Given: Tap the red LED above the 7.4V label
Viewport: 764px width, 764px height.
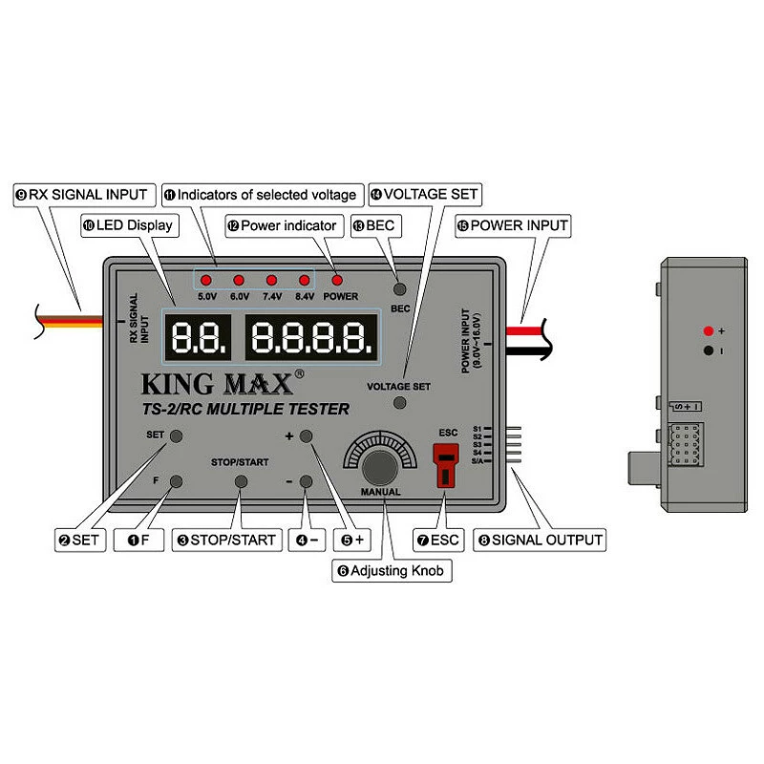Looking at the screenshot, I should click(271, 281).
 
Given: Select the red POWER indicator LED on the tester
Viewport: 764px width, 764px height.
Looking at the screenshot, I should click(338, 281).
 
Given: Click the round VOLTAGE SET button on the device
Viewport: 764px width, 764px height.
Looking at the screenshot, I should click(400, 403).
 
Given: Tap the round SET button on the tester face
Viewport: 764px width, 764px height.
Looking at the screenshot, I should click(176, 436).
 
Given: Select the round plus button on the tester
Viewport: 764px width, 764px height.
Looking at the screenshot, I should click(307, 436).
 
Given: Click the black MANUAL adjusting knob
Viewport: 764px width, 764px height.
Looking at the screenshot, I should click(380, 468).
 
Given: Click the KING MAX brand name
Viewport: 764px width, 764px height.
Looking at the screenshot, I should click(218, 384).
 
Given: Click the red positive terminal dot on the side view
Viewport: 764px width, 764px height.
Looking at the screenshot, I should click(708, 330).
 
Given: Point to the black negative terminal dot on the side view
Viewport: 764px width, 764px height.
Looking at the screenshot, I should click(708, 350).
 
